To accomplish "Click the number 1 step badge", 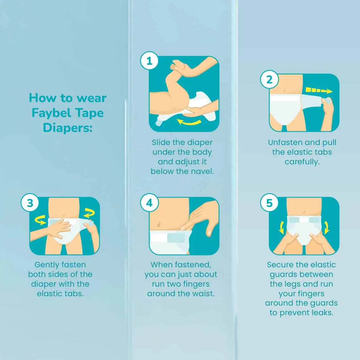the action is pyautogui.click(x=149, y=61).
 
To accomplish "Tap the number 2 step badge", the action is pyautogui.click(x=269, y=79).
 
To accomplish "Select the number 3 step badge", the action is pyautogui.click(x=30, y=203).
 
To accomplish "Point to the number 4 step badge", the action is pyautogui.click(x=149, y=203).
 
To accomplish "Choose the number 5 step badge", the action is pyautogui.click(x=269, y=203).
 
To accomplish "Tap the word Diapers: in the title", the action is pyautogui.click(x=68, y=128).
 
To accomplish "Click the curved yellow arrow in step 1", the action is pyautogui.click(x=189, y=122).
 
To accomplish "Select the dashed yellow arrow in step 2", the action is pyautogui.click(x=319, y=91).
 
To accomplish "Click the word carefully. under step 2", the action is pyautogui.click(x=302, y=162).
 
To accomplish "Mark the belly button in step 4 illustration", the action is pyautogui.click(x=158, y=223).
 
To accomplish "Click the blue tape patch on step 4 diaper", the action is pyautogui.click(x=176, y=238).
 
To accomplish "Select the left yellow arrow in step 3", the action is pyautogui.click(x=40, y=220).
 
